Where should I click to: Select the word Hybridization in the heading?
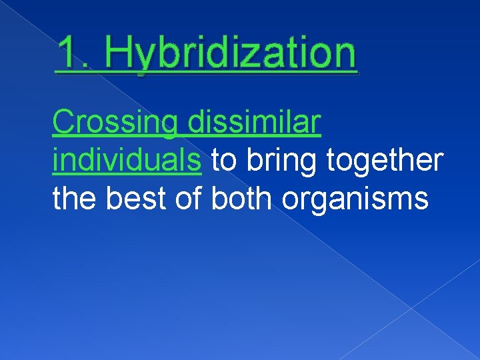coord(231,55)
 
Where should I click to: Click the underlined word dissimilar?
coord(255,123)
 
